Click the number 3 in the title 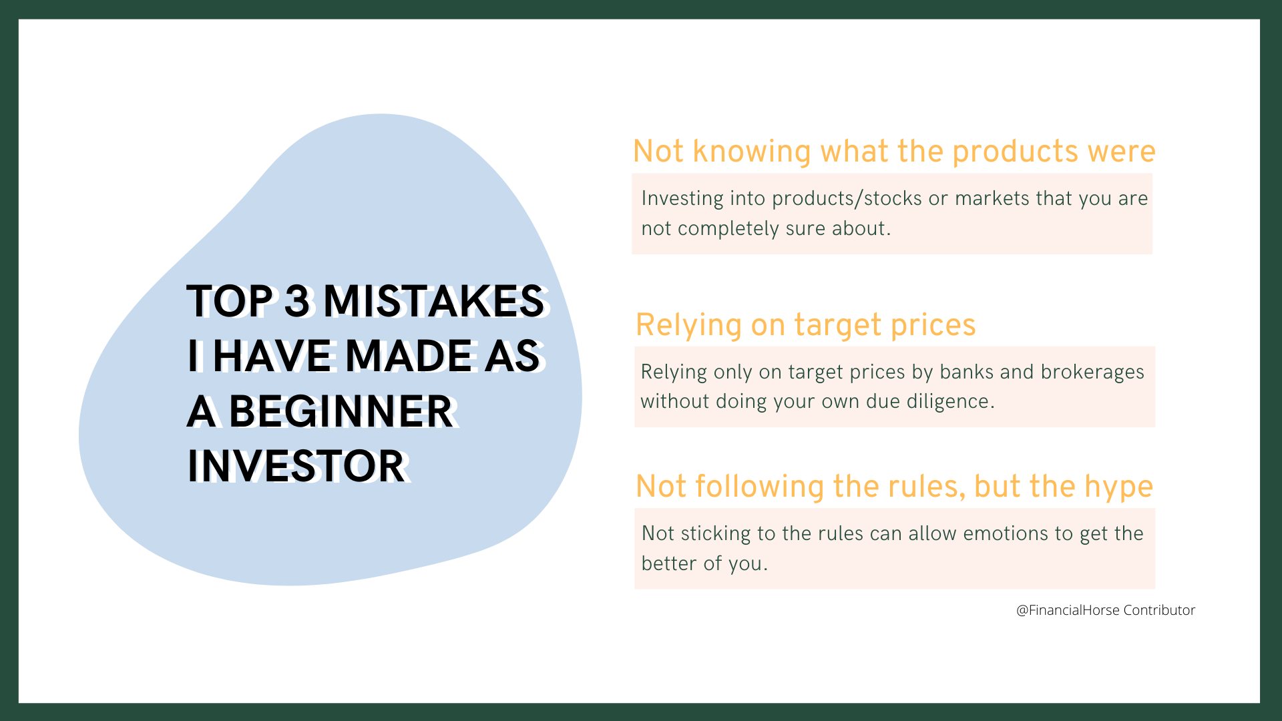[297, 301]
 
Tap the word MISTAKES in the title [434, 301]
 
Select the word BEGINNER [341, 411]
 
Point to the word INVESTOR [296, 466]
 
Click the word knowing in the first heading [752, 152]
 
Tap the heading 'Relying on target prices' [806, 325]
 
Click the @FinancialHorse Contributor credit [1106, 610]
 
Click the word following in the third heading [760, 487]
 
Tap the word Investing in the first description [682, 199]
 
